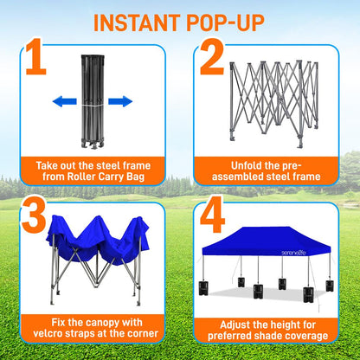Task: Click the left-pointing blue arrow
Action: click(65, 101)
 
